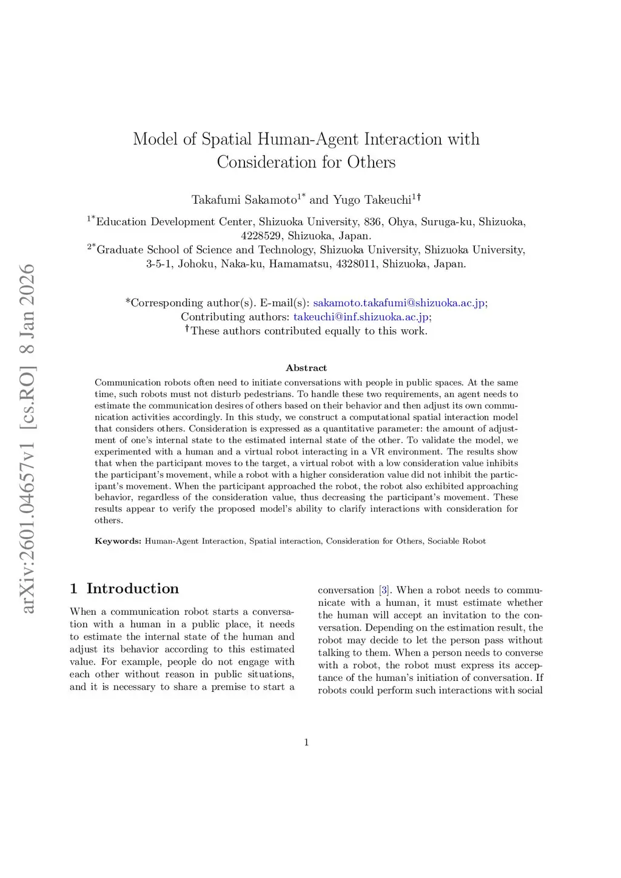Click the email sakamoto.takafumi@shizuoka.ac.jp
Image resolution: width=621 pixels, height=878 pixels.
[399, 303]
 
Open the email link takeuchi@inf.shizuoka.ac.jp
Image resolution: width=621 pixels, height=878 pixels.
[361, 317]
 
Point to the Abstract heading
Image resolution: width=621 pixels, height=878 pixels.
[306, 368]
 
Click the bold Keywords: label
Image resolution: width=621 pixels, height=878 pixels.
[118, 541]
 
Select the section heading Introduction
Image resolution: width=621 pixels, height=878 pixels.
[133, 589]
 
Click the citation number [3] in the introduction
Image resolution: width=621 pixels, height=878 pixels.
[384, 590]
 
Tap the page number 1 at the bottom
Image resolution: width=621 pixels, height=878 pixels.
[306, 742]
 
